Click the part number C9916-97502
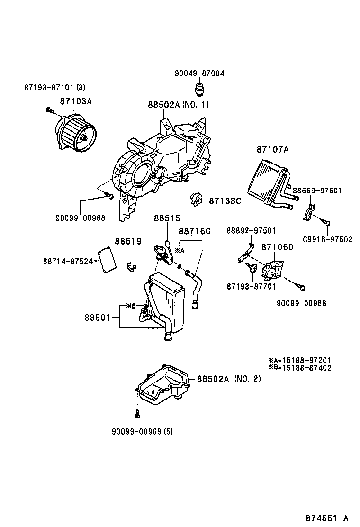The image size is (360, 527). pos(328,239)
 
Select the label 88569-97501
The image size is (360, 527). pos(317,191)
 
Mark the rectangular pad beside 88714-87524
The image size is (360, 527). pos(107,260)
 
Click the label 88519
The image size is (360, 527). pos(128,241)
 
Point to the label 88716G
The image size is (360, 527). pos(194,231)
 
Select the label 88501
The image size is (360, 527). pos(99,318)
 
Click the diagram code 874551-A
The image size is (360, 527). pos(326,518)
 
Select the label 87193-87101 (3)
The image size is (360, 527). pos(54,87)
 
